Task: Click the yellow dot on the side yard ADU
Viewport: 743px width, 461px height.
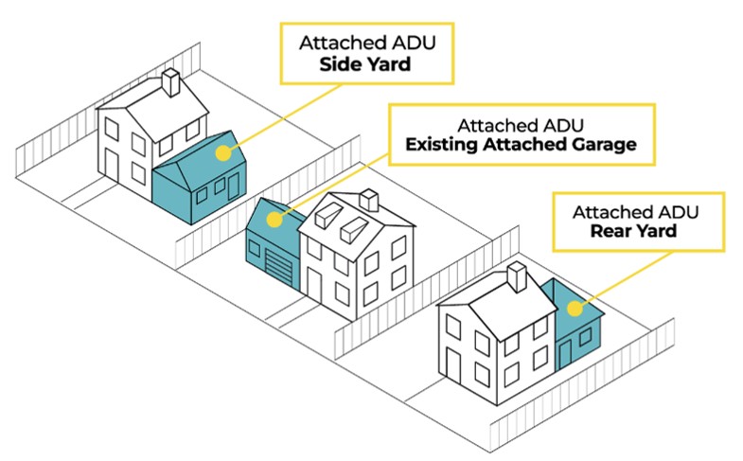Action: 223,152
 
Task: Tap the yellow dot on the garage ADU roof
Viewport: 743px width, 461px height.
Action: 274,220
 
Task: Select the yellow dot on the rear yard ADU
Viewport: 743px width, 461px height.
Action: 575,309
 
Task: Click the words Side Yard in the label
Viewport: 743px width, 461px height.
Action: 364,64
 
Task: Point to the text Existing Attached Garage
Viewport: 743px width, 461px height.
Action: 521,144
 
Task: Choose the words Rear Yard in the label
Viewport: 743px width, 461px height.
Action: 633,231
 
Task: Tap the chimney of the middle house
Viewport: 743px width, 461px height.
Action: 368,200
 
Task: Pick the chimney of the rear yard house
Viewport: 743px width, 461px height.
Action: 517,276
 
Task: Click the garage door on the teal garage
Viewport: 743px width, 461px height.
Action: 278,268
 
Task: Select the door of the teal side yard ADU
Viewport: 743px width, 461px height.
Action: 234,186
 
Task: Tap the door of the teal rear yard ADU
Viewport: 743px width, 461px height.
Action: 565,354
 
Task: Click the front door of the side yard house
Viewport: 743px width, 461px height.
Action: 112,166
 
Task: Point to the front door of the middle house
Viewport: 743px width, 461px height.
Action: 314,286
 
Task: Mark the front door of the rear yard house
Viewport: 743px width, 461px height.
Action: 453,365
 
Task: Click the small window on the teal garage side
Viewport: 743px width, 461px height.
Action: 254,248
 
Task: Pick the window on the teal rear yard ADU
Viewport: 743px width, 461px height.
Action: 585,337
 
